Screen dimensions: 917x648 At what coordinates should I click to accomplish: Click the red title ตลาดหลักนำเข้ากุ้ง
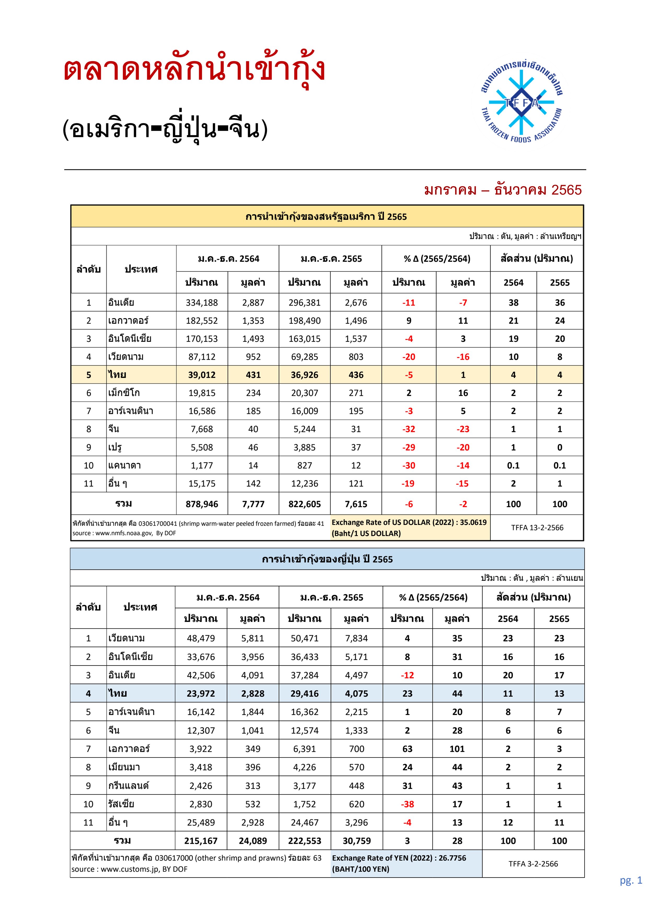194,70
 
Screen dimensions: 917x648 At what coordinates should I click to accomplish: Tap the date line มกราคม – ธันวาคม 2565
503,190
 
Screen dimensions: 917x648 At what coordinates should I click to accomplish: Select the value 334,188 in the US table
202,303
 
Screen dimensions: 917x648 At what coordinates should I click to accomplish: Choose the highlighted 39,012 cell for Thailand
202,375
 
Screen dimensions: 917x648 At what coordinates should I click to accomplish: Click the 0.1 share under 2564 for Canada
513,466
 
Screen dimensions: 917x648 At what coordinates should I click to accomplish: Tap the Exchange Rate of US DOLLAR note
409,528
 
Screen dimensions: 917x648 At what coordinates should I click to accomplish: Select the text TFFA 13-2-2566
537,528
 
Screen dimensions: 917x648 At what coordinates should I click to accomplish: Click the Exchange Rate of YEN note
399,863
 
